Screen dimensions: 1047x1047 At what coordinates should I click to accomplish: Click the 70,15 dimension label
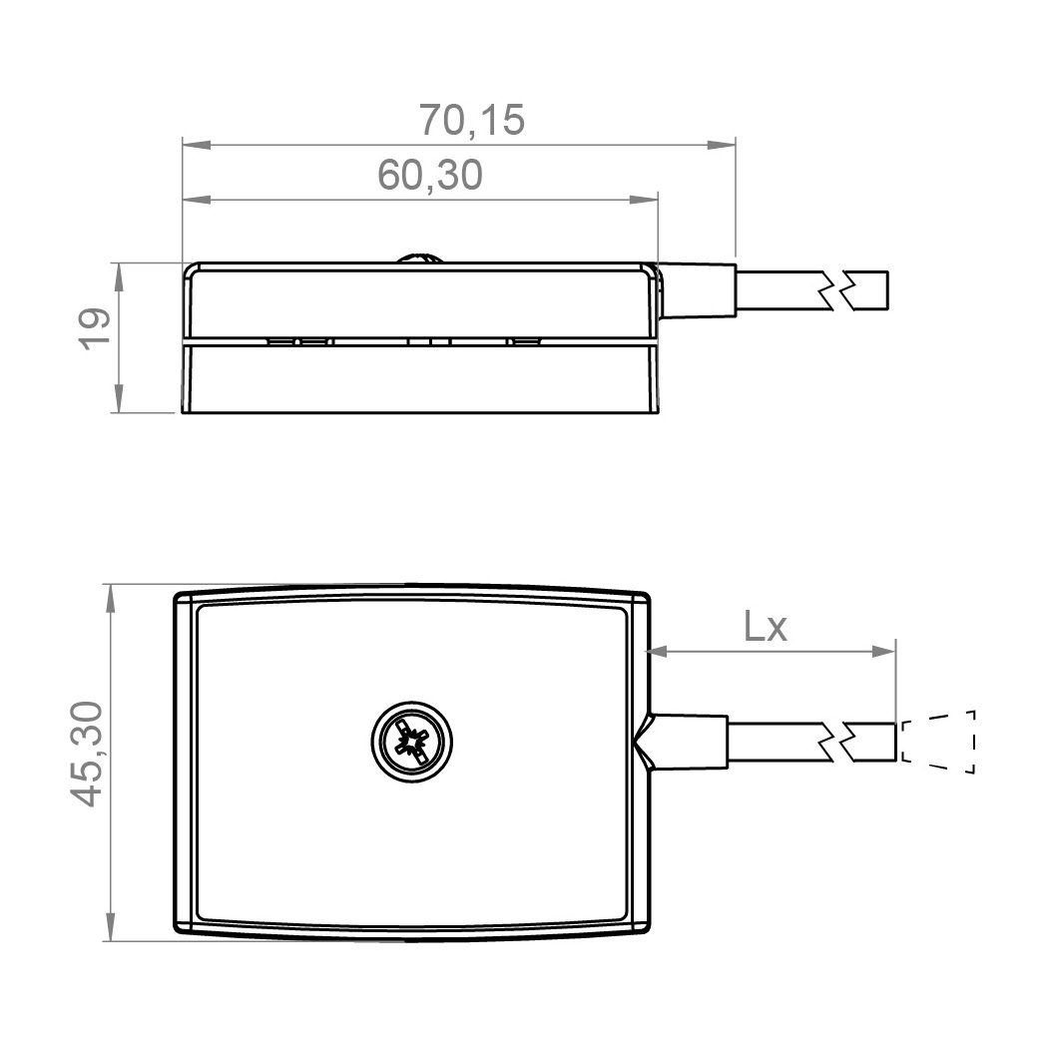(471, 120)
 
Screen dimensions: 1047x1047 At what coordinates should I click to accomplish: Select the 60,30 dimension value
(430, 175)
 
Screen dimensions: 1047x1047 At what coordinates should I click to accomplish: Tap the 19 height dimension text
(95, 328)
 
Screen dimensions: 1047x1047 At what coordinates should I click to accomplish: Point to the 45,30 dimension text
(88, 754)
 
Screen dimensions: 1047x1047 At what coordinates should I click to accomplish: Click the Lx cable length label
(766, 627)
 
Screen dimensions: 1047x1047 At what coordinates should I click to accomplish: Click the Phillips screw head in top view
(412, 741)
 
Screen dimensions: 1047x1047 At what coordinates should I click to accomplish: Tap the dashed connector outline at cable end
(938, 742)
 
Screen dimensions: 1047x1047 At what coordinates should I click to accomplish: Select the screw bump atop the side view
(419, 258)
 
